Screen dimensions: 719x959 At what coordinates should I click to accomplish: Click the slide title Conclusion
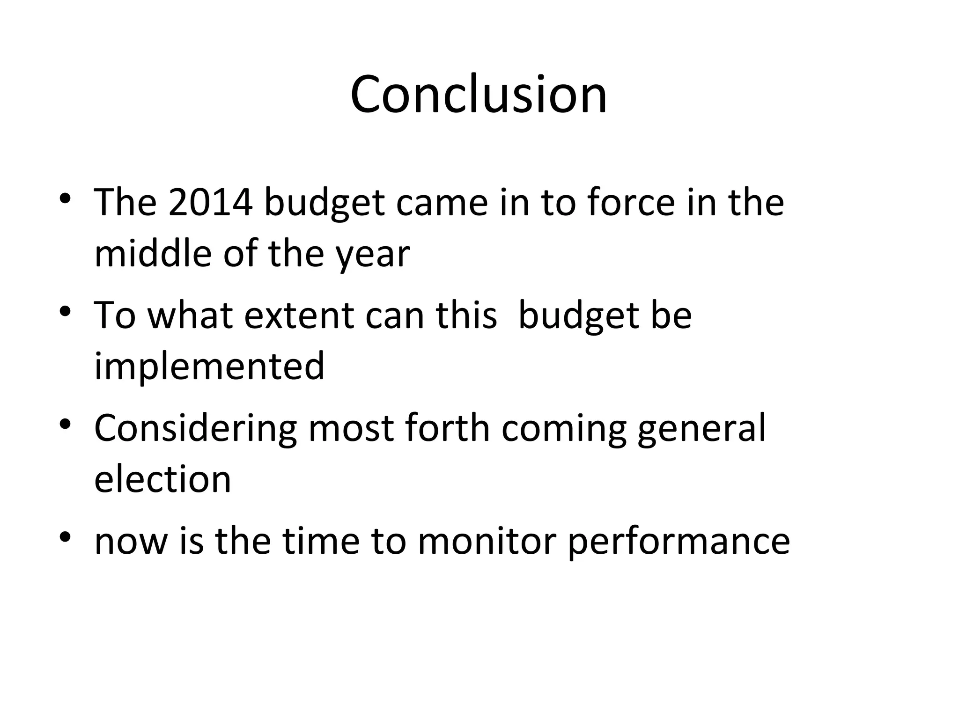click(x=479, y=95)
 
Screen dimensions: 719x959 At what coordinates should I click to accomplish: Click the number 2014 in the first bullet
click(x=210, y=203)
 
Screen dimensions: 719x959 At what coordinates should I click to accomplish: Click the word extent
click(x=300, y=315)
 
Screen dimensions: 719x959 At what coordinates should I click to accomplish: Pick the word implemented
click(x=209, y=367)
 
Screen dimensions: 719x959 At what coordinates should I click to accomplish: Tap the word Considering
click(x=195, y=428)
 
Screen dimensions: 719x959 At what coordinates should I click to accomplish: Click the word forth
click(x=447, y=428)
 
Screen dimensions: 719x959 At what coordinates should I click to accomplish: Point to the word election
click(x=162, y=479)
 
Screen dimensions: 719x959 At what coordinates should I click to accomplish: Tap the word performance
click(x=679, y=543)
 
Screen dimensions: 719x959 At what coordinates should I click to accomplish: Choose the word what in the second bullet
click(x=190, y=315)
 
